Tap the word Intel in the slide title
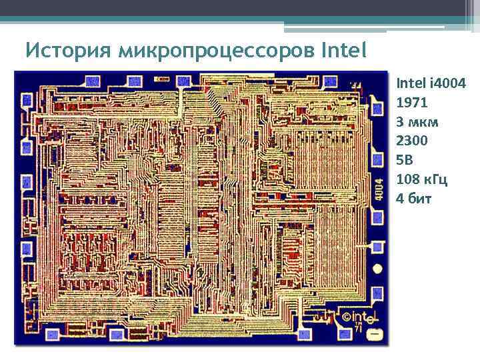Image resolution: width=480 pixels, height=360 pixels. [x=344, y=50]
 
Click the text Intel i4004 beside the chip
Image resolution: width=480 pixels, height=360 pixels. [x=431, y=83]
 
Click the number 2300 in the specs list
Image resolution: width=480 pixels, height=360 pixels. [x=412, y=141]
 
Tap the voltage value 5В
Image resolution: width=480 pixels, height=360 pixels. [x=405, y=160]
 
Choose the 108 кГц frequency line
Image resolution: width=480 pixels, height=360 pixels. [x=421, y=179]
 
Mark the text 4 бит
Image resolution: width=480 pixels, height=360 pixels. [x=413, y=198]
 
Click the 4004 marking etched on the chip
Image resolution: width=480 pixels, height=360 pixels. [x=378, y=189]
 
